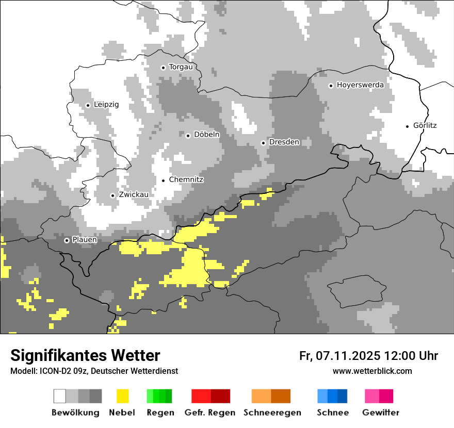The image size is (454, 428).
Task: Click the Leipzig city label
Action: point(106,105)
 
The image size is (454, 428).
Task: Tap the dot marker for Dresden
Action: point(264,143)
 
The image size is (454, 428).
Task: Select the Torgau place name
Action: point(181,67)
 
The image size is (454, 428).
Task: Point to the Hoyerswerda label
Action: point(360,85)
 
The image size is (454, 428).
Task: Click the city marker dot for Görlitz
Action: point(408,126)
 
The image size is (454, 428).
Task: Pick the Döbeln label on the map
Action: point(206,135)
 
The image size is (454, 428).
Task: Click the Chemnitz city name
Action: point(186,180)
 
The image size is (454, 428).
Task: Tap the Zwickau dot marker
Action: point(112,195)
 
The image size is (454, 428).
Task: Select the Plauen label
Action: point(85,240)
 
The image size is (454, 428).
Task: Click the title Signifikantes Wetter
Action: point(85,356)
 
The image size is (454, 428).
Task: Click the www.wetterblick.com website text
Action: point(372,371)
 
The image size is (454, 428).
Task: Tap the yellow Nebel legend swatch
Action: point(122,396)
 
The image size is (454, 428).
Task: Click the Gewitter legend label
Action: point(381,413)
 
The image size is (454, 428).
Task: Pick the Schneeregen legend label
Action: point(272,413)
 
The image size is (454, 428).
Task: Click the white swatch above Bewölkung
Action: point(60,396)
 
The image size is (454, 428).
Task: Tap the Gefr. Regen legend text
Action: point(210,413)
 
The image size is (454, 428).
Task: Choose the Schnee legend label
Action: point(333,413)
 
